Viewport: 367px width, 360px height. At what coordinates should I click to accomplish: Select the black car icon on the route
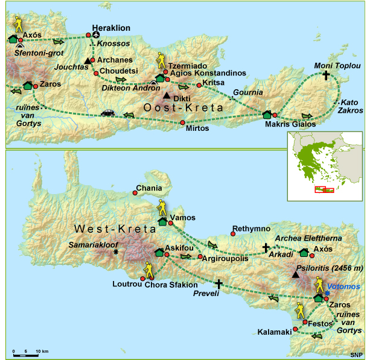(x=107, y=113)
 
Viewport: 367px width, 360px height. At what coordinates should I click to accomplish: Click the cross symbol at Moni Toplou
(x=327, y=76)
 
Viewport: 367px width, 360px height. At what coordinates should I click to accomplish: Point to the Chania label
(x=149, y=188)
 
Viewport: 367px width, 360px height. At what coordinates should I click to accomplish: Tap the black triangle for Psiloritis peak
(x=295, y=276)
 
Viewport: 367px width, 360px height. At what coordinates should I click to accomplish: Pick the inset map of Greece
(x=324, y=166)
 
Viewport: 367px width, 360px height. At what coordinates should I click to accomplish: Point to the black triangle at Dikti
(x=167, y=95)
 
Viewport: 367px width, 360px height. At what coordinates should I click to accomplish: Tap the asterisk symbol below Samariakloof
(x=115, y=252)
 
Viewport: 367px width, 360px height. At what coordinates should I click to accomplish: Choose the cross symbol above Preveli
(x=219, y=283)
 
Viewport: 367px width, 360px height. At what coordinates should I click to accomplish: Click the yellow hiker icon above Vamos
(x=161, y=207)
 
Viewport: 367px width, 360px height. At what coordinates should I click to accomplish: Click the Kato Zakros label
(x=349, y=107)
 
